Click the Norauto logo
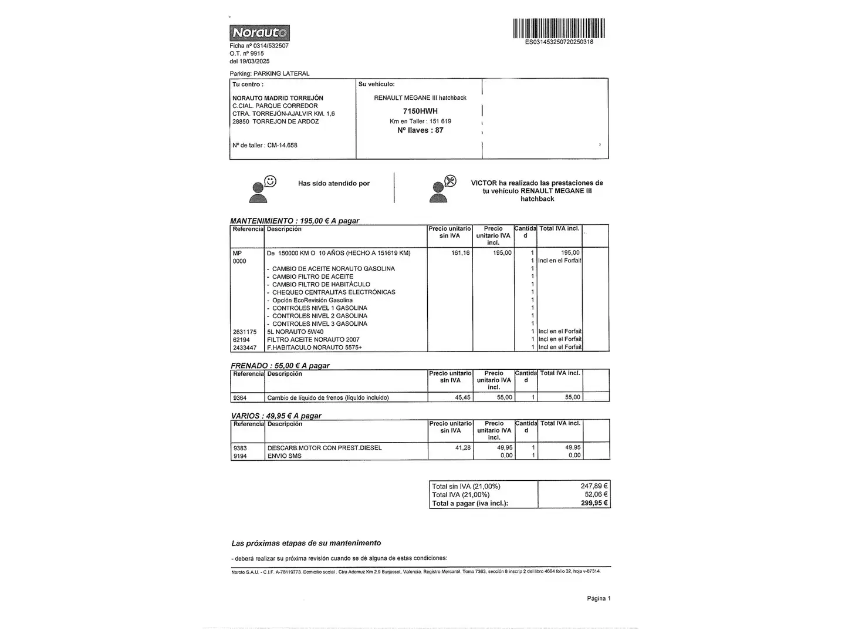point(259,33)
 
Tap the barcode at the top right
point(559,28)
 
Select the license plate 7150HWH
point(420,111)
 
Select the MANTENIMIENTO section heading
point(294,221)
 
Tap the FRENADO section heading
point(280,365)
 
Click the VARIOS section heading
point(276,416)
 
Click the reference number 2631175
point(245,332)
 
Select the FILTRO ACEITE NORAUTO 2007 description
point(313,339)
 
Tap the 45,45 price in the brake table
point(462,397)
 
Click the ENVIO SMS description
point(285,456)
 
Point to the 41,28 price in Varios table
point(462,448)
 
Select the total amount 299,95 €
point(594,503)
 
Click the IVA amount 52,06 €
point(596,494)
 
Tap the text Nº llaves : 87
point(420,130)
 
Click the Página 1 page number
point(599,598)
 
